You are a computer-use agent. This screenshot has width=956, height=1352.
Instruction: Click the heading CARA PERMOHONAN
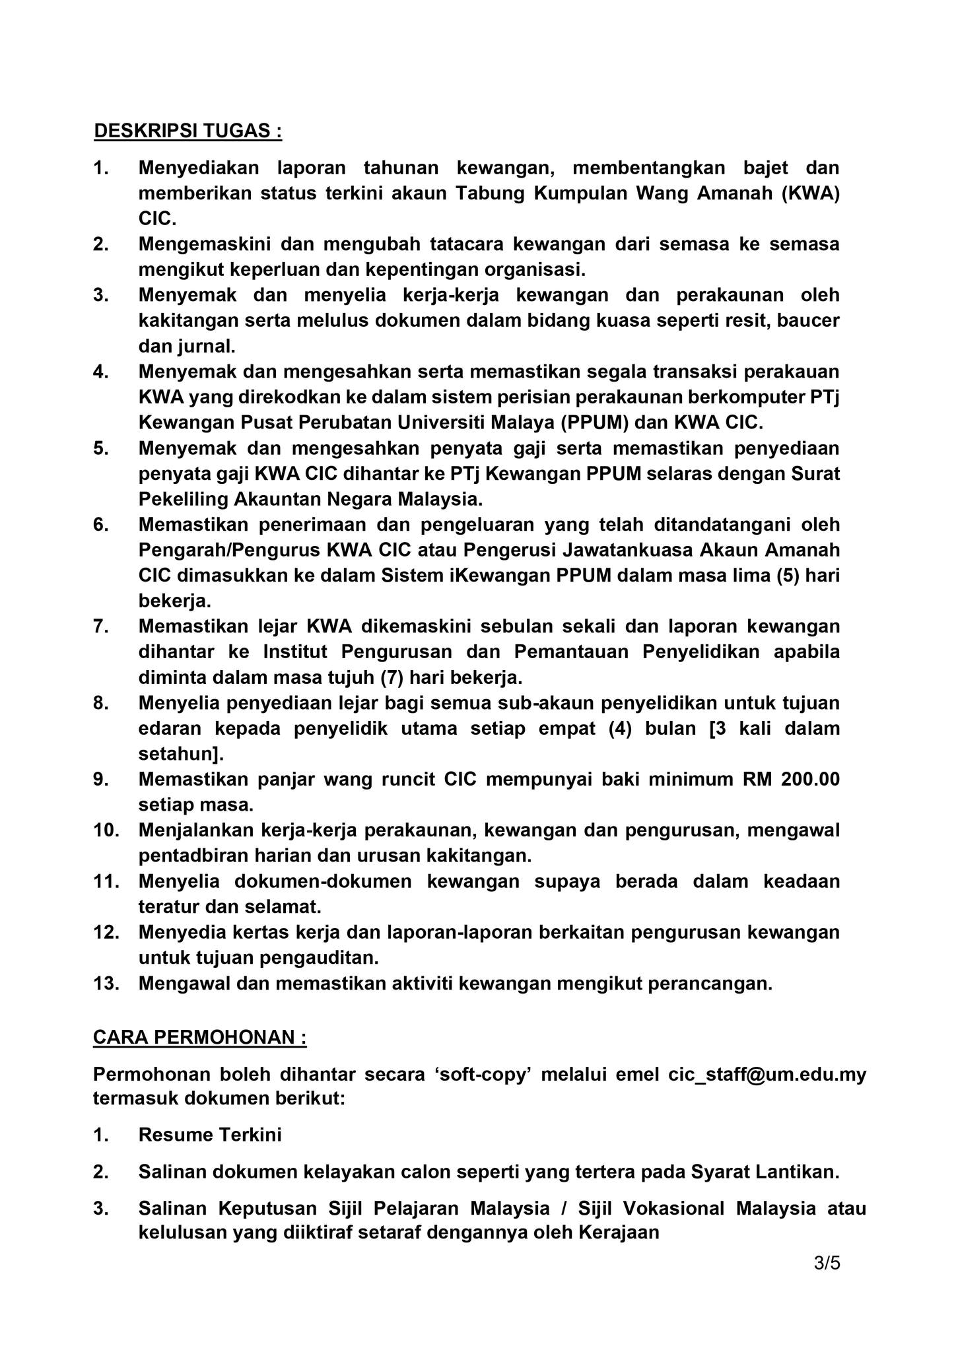(x=199, y=1037)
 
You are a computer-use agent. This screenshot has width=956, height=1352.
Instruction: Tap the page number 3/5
(x=827, y=1264)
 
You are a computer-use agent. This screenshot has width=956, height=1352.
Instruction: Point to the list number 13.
(x=106, y=983)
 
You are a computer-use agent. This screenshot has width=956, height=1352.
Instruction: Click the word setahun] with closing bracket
(x=181, y=753)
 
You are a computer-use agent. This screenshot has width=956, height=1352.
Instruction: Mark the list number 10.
(x=106, y=830)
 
